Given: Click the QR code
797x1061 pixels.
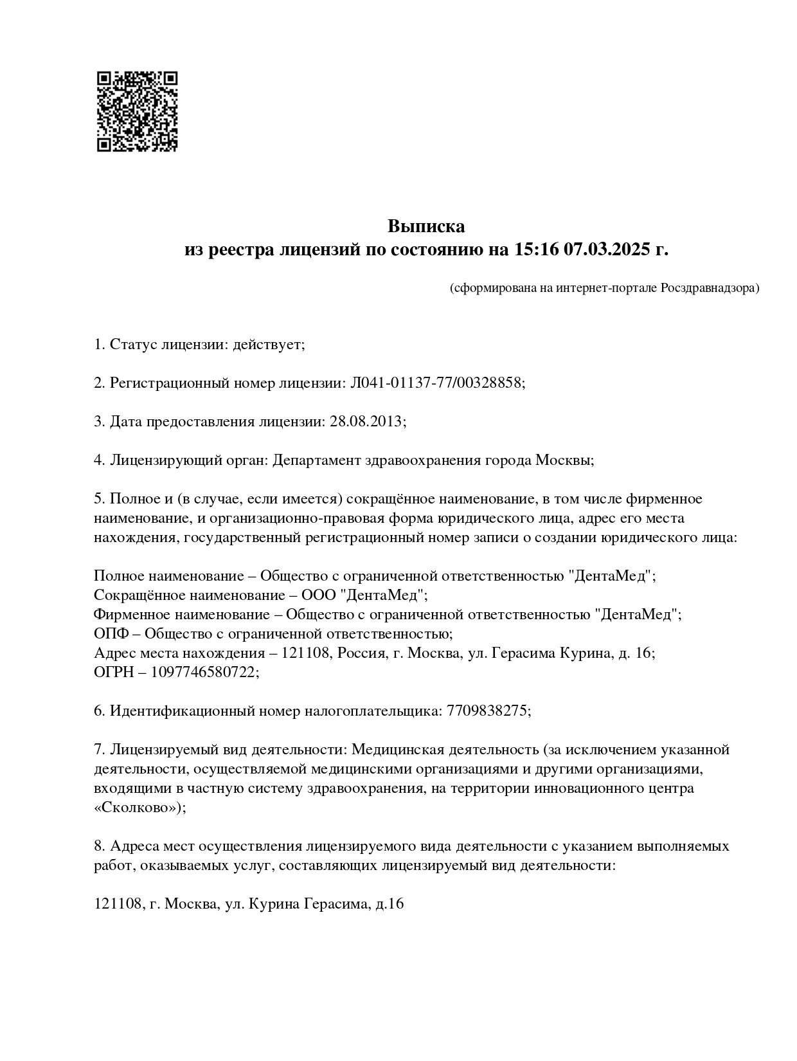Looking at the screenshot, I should point(137,111).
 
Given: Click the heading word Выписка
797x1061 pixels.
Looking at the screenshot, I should point(425,226).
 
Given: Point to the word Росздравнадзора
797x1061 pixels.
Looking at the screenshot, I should point(710,288).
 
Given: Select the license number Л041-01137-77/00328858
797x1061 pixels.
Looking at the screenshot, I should point(436,383).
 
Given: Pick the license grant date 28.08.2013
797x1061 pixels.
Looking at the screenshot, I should point(366,422).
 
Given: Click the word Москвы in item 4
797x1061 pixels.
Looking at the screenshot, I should point(564,460).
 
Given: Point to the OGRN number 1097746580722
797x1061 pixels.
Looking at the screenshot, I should point(205,673).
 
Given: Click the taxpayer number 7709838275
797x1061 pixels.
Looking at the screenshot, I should point(487,711).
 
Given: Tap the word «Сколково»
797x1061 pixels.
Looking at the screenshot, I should point(139,808).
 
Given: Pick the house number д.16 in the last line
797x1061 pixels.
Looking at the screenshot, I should point(390,904).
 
